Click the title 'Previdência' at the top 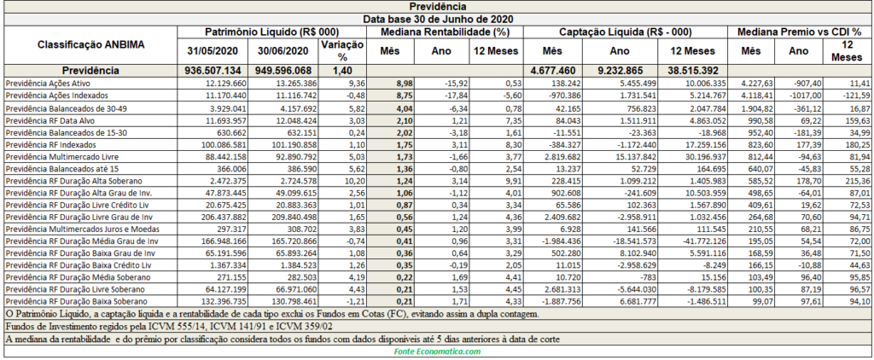click(437, 7)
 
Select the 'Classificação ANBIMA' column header click(90, 44)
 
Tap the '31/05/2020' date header click(212, 51)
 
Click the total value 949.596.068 click(283, 72)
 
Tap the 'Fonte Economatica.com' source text click(437, 351)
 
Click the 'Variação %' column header click(342, 50)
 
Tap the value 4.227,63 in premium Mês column click(755, 83)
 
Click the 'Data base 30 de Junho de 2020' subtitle click(437, 19)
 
